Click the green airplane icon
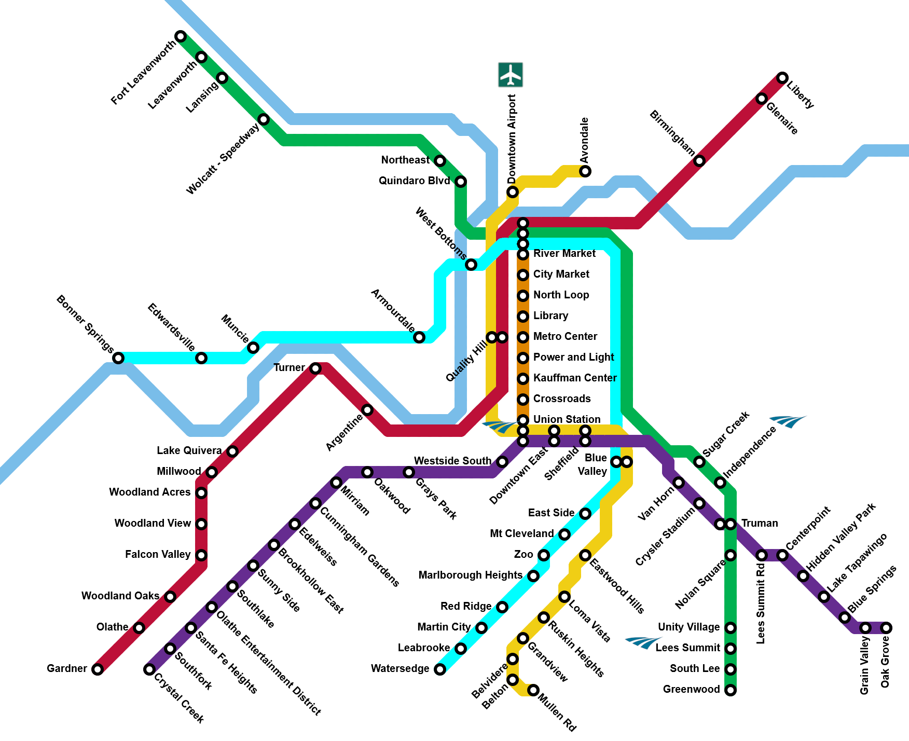(511, 75)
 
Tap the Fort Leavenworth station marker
(181, 36)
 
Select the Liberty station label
(800, 94)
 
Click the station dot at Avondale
(585, 171)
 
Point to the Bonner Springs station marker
(118, 358)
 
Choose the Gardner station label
(67, 668)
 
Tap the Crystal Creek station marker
(149, 669)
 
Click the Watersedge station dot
(440, 669)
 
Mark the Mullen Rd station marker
(533, 690)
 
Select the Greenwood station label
(692, 689)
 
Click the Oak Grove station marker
(886, 628)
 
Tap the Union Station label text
(567, 419)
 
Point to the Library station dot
(523, 317)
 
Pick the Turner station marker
(315, 368)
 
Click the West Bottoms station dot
(471, 265)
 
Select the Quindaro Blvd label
(415, 181)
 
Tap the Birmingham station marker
(699, 161)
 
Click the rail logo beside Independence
(788, 421)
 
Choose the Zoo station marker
(544, 555)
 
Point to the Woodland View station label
(153, 523)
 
